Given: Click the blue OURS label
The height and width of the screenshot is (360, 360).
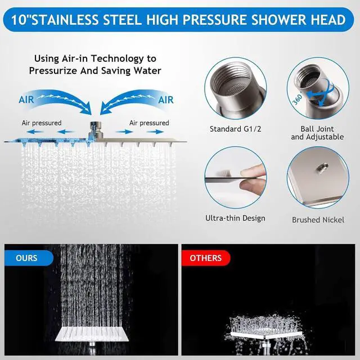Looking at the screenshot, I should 26,258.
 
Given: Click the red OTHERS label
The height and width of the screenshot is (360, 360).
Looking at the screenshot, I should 205,258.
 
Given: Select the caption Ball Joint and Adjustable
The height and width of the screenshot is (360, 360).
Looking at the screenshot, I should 313,133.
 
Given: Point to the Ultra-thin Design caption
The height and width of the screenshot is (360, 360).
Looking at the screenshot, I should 235,218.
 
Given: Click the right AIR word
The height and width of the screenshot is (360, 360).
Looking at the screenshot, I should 166,100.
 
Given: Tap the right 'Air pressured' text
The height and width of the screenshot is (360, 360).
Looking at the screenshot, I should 149,123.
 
